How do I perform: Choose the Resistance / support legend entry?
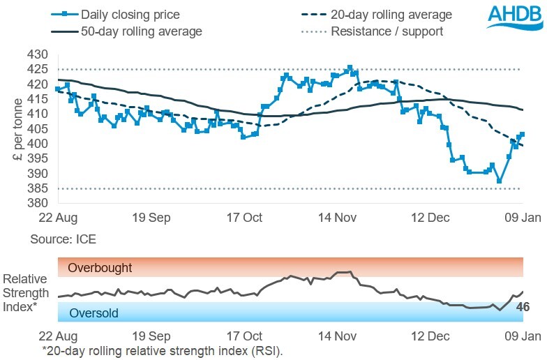point(387,31)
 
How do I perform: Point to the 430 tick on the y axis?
point(38,54)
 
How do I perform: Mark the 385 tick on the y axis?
point(38,188)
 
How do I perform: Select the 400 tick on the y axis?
point(38,144)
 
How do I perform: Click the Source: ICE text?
point(63,239)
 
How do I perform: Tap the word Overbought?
point(100,268)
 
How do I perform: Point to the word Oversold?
point(95,313)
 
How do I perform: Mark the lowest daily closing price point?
point(500,181)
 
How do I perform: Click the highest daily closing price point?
point(350,68)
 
